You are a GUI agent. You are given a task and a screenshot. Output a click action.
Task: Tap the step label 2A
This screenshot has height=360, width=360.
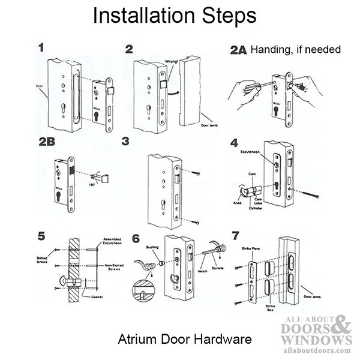click(238, 50)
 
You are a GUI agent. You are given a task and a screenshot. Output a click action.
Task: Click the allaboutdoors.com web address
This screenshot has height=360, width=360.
click(318, 349)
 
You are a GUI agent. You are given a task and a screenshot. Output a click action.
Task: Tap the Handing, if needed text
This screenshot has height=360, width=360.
click(295, 50)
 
